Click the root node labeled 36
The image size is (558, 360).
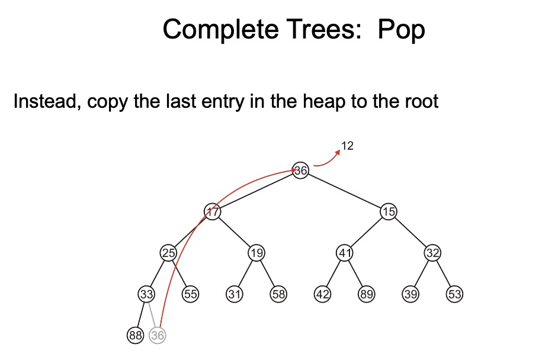click(x=301, y=171)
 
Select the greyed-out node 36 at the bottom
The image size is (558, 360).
click(x=158, y=335)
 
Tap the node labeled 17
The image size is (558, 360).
click(x=213, y=211)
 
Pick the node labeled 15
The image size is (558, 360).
click(x=388, y=211)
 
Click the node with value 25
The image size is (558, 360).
click(x=169, y=253)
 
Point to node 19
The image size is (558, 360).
click(x=256, y=253)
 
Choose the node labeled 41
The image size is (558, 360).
click(x=345, y=253)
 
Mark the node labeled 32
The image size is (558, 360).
click(x=432, y=253)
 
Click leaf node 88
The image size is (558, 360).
click(x=136, y=335)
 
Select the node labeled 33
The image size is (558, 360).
click(x=146, y=294)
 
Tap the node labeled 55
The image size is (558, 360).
click(x=190, y=294)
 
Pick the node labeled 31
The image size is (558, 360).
click(x=234, y=294)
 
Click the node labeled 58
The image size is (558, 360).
click(x=278, y=294)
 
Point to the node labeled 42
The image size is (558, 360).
click(x=323, y=294)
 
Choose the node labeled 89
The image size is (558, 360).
click(x=367, y=294)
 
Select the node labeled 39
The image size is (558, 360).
click(x=411, y=294)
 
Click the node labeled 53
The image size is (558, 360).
click(x=454, y=294)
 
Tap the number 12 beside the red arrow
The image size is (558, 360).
click(x=348, y=146)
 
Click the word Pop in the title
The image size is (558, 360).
click(x=401, y=30)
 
